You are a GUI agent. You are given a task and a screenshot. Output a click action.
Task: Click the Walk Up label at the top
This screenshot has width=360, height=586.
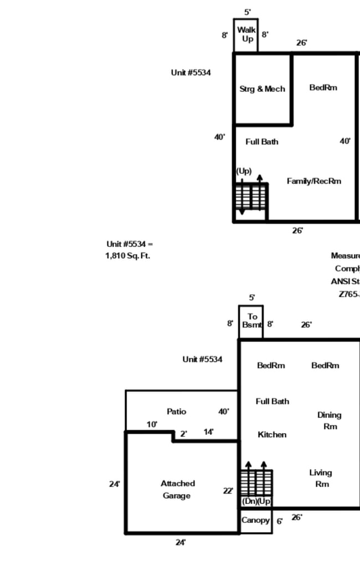[x=246, y=34]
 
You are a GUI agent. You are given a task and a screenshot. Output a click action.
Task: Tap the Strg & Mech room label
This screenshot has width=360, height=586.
[x=262, y=89]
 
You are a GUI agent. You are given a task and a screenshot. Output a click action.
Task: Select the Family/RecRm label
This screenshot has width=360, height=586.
[x=313, y=181]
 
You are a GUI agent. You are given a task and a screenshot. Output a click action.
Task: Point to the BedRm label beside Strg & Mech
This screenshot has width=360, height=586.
[x=323, y=88]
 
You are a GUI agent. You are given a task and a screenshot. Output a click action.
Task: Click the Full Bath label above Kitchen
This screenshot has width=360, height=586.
[x=272, y=401]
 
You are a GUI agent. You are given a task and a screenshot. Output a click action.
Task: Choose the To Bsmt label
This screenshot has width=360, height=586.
[x=251, y=321]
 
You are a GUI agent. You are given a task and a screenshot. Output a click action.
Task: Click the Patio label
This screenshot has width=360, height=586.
[x=176, y=412]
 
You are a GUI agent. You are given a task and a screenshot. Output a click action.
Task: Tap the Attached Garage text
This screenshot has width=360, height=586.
[x=177, y=490]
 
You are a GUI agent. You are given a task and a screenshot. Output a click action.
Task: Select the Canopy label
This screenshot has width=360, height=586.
[x=255, y=521]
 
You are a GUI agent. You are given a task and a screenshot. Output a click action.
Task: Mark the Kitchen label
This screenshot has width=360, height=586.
[x=272, y=435]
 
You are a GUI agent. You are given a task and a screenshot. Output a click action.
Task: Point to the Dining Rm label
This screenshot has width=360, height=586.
[x=329, y=421]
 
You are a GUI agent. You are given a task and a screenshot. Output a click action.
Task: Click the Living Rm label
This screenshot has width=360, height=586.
[x=320, y=478]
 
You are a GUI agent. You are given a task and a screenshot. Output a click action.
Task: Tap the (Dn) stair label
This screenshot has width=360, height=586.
[x=249, y=501]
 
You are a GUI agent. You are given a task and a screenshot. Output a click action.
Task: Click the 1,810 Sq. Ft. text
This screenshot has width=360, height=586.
[x=127, y=256]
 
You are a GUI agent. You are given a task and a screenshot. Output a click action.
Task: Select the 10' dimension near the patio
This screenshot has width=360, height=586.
[x=152, y=424]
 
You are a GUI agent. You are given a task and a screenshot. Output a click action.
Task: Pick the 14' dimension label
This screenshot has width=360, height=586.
[x=208, y=432]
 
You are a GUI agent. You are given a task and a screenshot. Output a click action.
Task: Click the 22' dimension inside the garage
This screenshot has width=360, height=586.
[x=228, y=491]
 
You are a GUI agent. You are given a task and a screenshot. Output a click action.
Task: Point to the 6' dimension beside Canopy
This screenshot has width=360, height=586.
[x=280, y=521]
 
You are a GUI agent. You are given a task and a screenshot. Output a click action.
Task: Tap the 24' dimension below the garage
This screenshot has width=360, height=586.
[x=181, y=542]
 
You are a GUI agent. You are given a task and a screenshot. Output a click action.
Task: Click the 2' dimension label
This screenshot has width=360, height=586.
[x=183, y=434]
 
